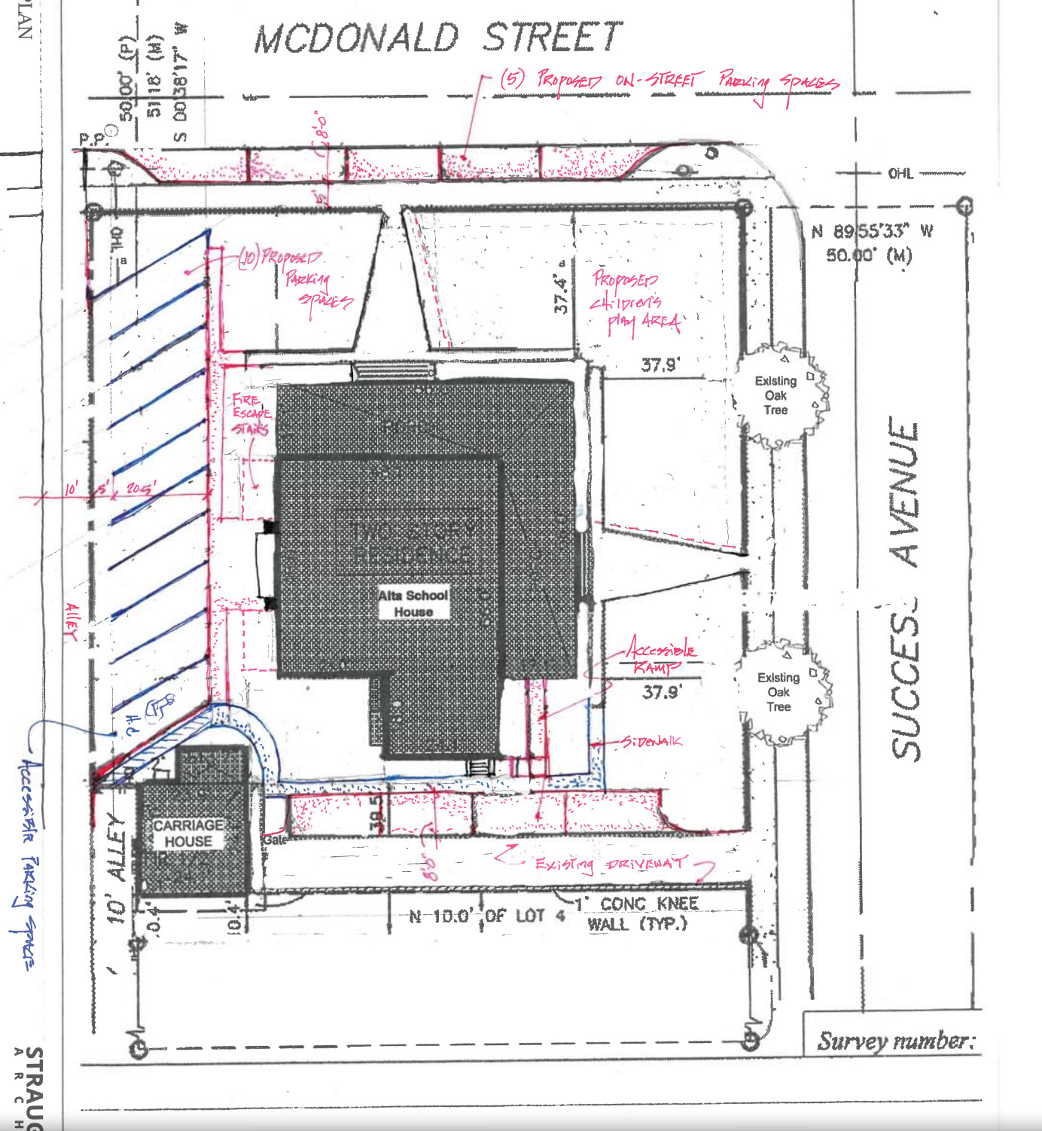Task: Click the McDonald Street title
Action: tap(438, 38)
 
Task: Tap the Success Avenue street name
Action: tap(905, 587)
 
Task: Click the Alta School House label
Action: tap(413, 603)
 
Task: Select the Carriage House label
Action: tap(188, 834)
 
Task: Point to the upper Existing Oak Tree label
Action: tap(775, 395)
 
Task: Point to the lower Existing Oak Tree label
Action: tap(778, 692)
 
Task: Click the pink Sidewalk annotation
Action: tap(651, 742)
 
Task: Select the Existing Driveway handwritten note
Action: tap(611, 863)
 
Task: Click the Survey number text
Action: tap(895, 1041)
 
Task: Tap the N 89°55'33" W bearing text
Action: tap(872, 232)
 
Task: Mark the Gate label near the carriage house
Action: tap(275, 840)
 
